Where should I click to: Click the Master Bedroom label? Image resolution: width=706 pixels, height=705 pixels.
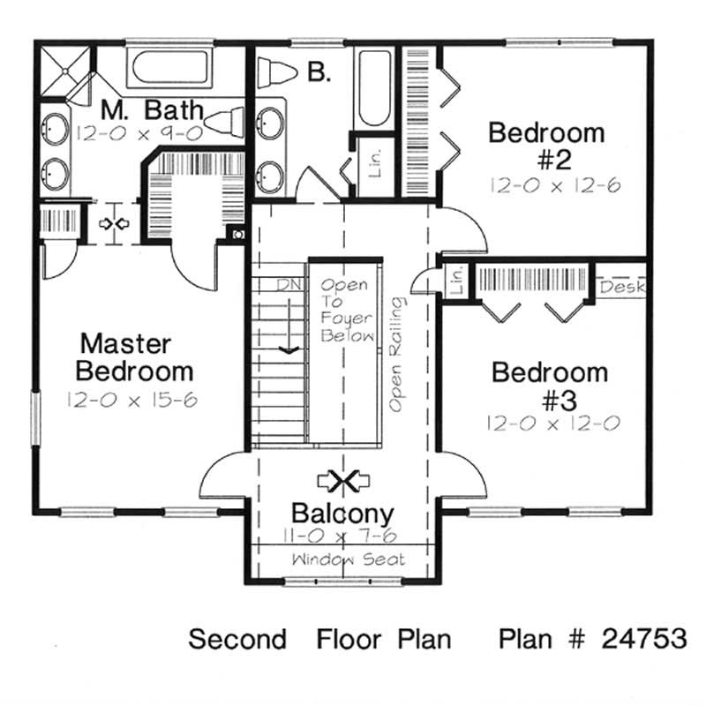[136, 356]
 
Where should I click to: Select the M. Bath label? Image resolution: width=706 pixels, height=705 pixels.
[151, 110]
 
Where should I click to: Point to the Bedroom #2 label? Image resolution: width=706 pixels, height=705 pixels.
[546, 146]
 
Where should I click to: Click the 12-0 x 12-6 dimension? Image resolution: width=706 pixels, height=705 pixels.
[548, 186]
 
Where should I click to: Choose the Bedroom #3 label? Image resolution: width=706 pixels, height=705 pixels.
[550, 386]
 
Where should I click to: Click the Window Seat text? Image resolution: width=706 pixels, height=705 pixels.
[348, 559]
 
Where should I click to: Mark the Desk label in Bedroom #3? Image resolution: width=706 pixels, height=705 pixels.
[623, 288]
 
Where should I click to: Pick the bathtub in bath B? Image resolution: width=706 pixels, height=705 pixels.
[374, 89]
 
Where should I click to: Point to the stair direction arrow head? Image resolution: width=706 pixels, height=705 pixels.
[286, 352]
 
